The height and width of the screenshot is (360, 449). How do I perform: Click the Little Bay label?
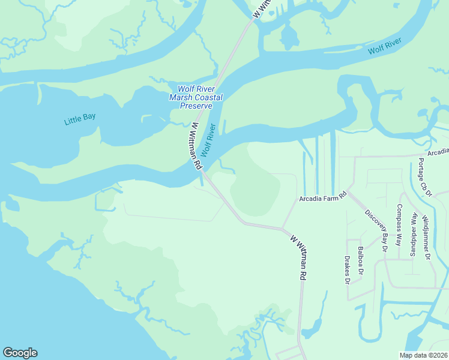click(80, 120)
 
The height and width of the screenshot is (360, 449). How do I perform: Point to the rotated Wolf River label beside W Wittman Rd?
click(208, 140)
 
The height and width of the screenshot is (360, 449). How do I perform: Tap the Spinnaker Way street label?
click(412, 232)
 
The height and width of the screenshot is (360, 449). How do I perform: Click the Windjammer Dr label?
click(426, 236)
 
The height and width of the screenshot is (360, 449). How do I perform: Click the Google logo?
click(20, 353)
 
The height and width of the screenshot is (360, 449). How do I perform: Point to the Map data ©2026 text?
click(423, 355)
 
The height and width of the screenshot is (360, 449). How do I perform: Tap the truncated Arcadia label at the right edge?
click(439, 152)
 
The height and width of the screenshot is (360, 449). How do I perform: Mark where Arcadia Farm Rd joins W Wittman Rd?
click(282, 228)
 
